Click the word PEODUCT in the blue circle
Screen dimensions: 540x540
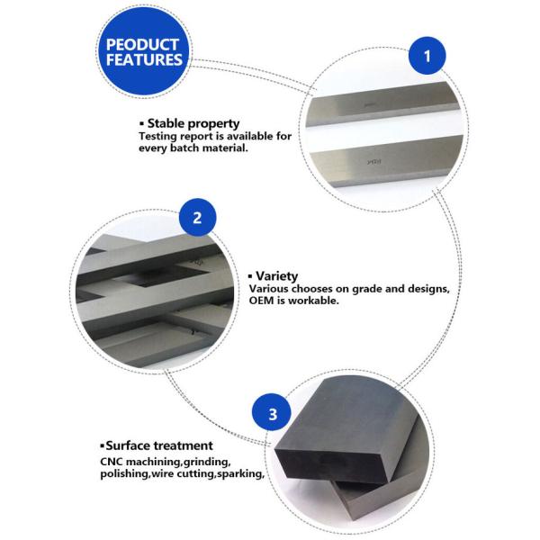click(142, 44)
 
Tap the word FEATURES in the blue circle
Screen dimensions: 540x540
click(144, 59)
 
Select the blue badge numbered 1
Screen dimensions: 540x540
click(427, 56)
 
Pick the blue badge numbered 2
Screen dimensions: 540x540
click(197, 217)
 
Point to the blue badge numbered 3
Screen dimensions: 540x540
click(272, 412)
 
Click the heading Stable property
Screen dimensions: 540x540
click(193, 123)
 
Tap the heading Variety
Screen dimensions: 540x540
click(276, 276)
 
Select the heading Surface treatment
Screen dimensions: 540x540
click(159, 445)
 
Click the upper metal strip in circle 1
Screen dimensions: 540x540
click(383, 104)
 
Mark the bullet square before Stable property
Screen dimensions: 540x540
click(141, 123)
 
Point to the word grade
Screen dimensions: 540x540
click(368, 289)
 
